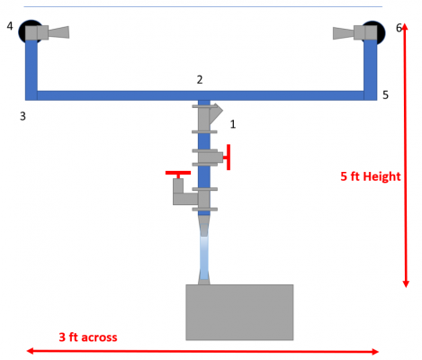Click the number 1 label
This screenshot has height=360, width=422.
pos(233,124)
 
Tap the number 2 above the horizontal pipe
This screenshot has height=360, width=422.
pos(200,80)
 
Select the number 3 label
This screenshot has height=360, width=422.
pos(22,116)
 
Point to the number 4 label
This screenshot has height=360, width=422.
pos(10,26)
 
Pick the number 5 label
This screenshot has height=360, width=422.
pos(385,95)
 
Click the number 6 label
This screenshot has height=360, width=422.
pos(399,28)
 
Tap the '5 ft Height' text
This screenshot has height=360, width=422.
pos(371,176)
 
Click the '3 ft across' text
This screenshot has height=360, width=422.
pos(88,337)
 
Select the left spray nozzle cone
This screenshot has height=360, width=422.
pos(58,32)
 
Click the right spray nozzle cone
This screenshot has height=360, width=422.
pos(344,33)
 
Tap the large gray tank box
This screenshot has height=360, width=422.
pos(239,312)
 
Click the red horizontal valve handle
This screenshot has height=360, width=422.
pos(178,173)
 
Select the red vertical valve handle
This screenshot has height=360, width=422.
pos(229,157)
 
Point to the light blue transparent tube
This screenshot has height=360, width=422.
pos(204,257)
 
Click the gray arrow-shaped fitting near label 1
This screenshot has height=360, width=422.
pos(216,113)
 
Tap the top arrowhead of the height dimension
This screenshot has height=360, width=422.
pos(405,26)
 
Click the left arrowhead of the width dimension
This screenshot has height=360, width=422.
pos(30,351)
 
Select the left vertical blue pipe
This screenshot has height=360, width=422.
pos(31,70)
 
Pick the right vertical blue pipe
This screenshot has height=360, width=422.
pos(371,70)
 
